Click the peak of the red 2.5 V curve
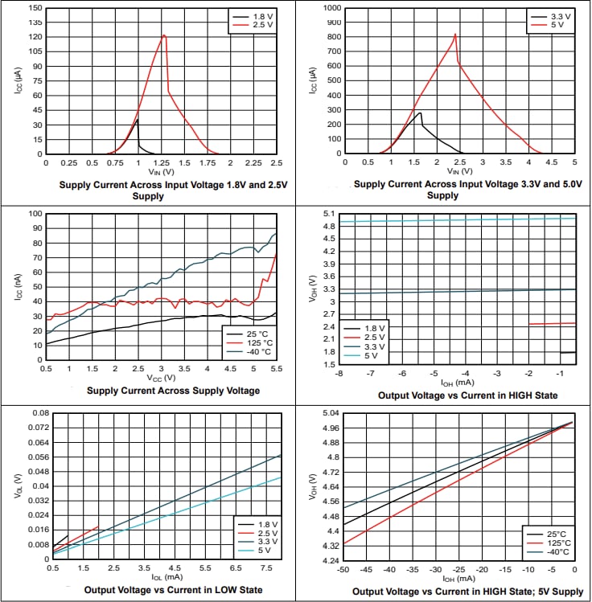tap(164, 35)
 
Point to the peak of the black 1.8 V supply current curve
tap(138, 120)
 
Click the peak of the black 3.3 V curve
tap(420, 113)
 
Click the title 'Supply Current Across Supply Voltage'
tap(173, 391)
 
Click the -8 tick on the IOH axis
tap(342, 373)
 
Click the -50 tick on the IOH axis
tap(343, 569)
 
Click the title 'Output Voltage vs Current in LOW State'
tap(173, 589)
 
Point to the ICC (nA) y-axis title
tap(18, 289)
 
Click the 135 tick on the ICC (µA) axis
tap(35, 23)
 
